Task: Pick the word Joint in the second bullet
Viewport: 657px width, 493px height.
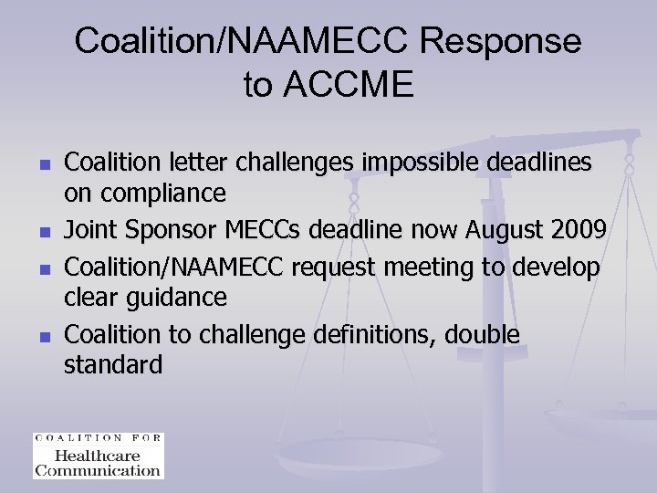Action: click(88, 232)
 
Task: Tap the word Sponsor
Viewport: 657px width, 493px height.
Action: click(160, 232)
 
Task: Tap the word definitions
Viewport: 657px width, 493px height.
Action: click(373, 335)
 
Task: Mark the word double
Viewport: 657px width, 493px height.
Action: click(482, 335)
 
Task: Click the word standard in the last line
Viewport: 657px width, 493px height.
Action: click(113, 365)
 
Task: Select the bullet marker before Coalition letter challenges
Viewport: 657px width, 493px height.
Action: click(43, 165)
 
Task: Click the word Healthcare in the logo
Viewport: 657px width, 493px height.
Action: click(98, 456)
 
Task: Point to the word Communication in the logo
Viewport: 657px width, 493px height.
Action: click(98, 470)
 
